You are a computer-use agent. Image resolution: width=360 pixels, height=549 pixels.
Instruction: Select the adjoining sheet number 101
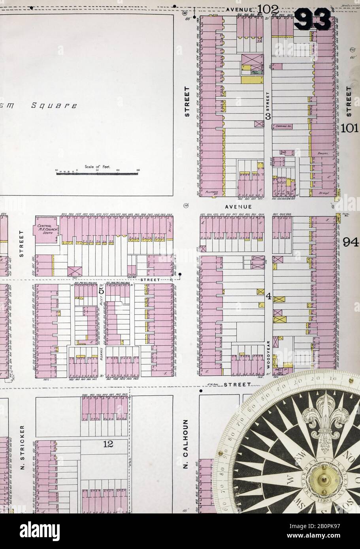(x=350, y=128)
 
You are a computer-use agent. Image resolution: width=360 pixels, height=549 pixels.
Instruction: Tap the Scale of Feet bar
(x=99, y=172)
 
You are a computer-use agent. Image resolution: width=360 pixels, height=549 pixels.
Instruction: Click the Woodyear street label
(x=268, y=353)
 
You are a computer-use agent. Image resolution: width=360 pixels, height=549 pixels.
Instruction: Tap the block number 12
(x=107, y=444)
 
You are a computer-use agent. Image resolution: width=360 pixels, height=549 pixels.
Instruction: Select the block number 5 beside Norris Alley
(x=101, y=291)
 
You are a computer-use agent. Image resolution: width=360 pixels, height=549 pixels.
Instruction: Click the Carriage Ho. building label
(x=283, y=126)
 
